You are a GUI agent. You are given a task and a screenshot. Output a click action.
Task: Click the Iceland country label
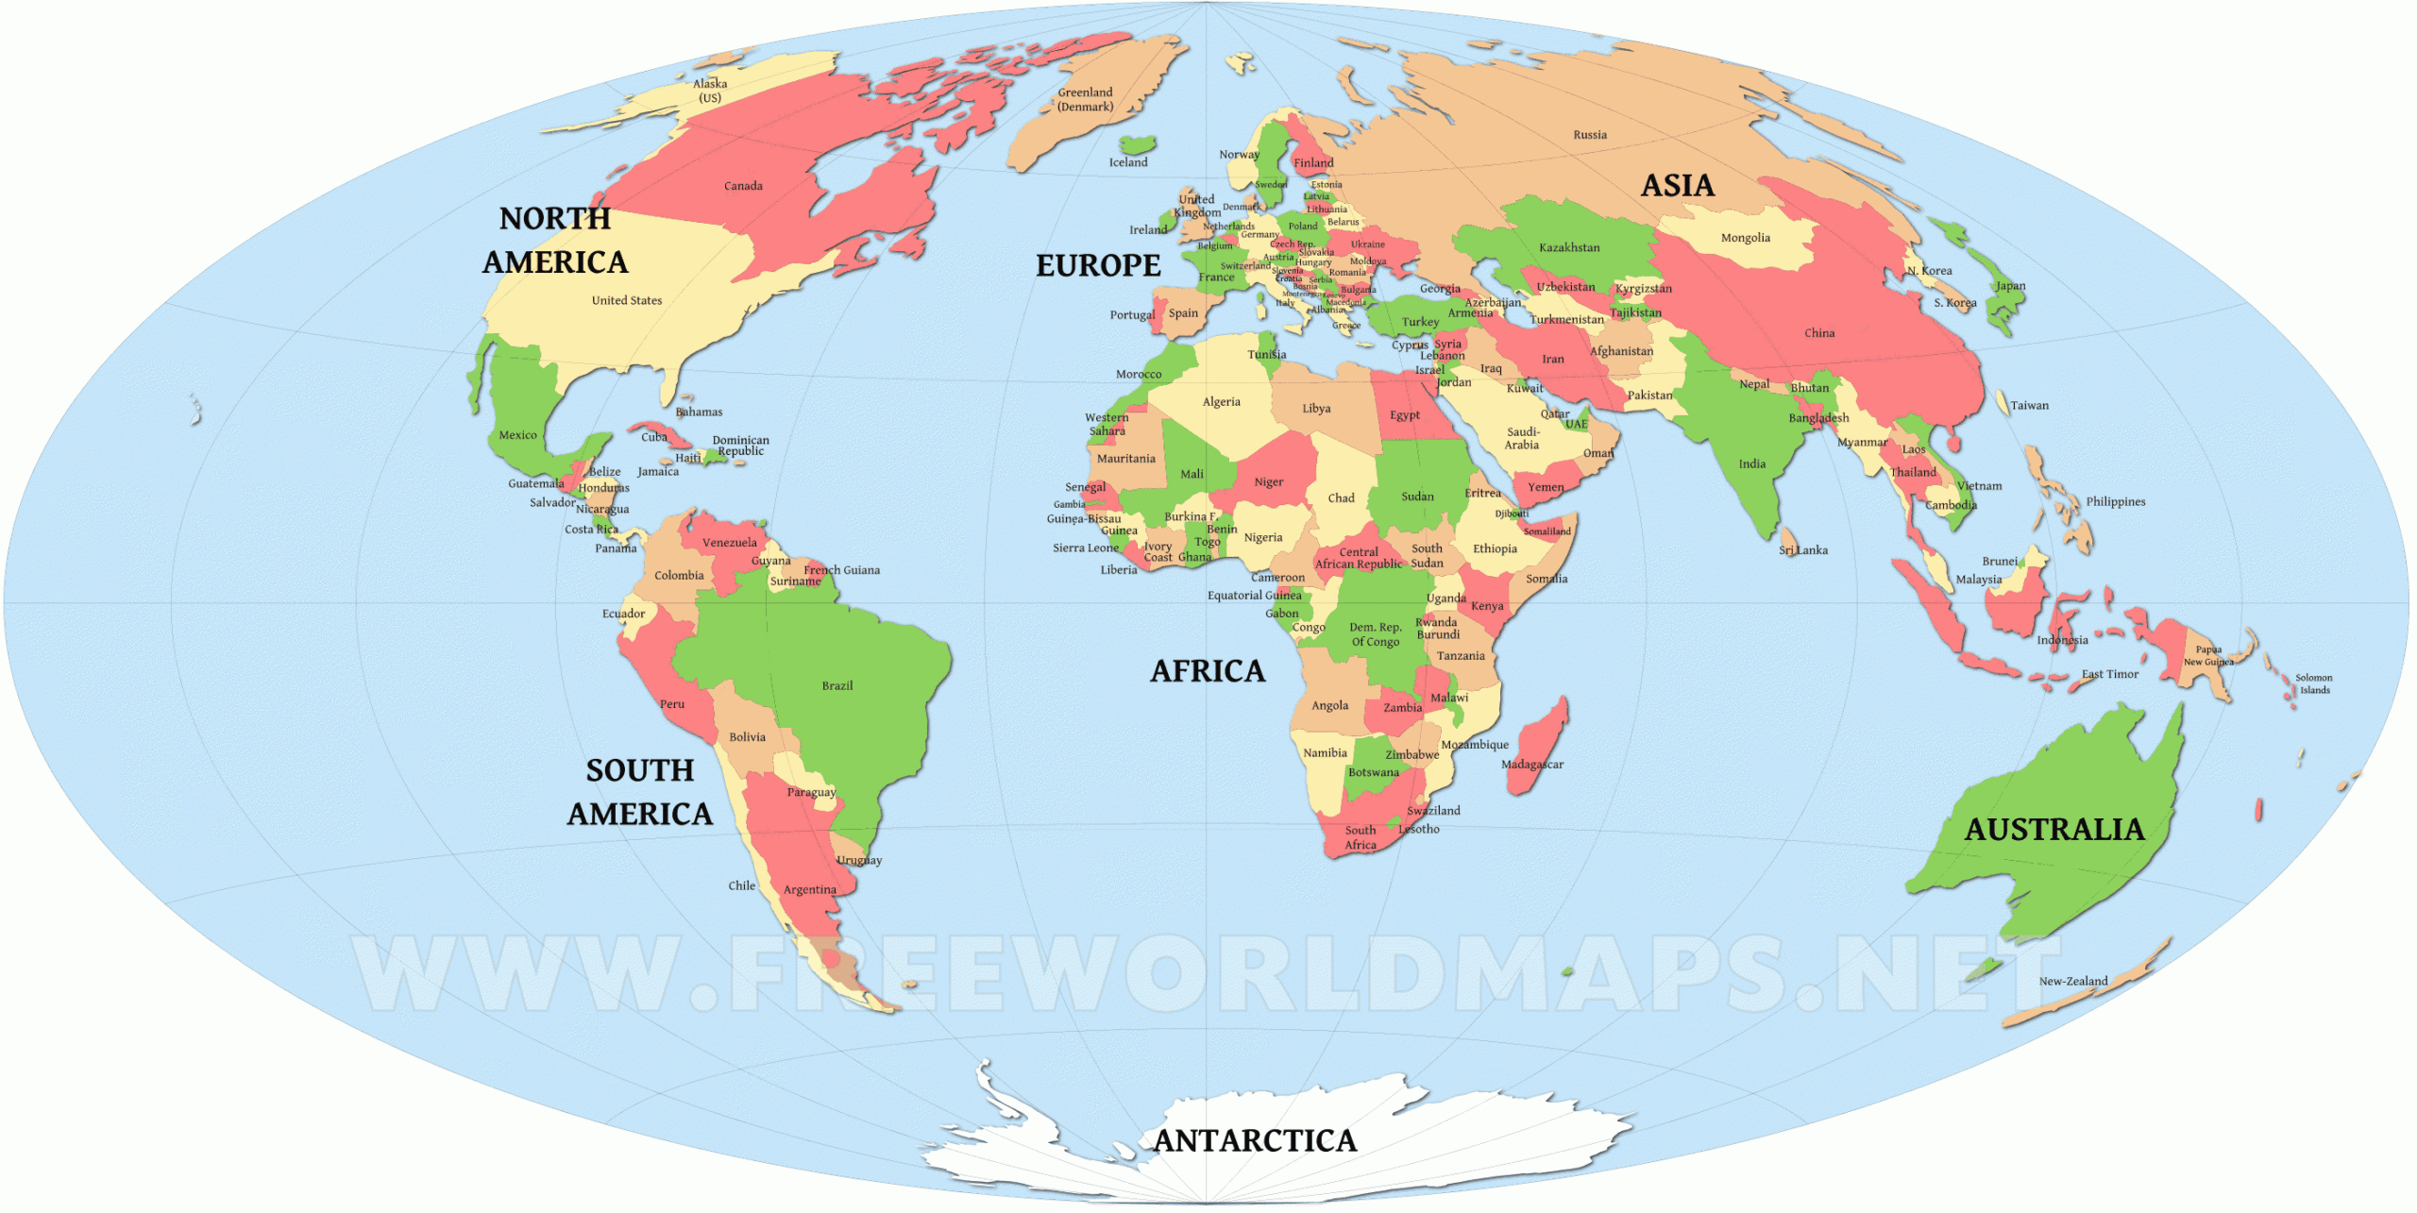coord(1127,162)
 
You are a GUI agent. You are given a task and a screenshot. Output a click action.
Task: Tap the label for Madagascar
coord(1531,765)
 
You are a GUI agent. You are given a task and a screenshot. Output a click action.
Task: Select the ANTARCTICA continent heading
coord(1255,1140)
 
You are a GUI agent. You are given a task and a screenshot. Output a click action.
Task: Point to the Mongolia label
coord(1745,238)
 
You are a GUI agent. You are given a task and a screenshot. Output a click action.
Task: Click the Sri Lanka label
coord(1802,550)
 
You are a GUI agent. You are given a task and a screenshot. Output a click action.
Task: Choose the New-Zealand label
coord(2072,982)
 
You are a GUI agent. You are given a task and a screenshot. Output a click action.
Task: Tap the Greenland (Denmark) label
coord(1085,99)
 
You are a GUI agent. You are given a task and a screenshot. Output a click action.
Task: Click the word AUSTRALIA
coord(2054,829)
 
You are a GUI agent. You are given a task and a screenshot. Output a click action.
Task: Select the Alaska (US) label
coord(710,91)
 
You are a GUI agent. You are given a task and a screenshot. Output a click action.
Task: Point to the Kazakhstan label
coord(1569,247)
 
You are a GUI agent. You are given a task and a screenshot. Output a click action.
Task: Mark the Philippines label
coord(2115,501)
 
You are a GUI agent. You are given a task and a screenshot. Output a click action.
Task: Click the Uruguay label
coord(858,860)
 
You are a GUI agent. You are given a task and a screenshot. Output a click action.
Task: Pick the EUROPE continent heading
coord(1098,265)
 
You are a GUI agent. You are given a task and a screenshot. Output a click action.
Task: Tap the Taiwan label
coord(2029,406)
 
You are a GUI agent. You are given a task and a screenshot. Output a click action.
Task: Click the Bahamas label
coord(699,413)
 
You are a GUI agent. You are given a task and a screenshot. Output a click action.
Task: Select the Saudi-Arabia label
coord(1522,438)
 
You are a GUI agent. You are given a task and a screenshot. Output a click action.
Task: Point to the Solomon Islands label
coord(2313,683)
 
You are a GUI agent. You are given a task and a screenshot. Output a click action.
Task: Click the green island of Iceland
coord(1138,144)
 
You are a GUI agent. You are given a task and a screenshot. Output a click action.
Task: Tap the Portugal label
coord(1131,315)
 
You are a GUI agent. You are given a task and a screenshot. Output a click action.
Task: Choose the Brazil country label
coord(837,685)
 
